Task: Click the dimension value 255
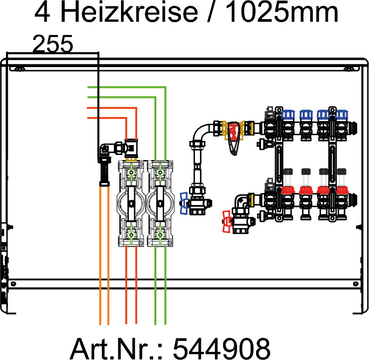pos(53,44)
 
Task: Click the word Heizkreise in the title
pos(129,13)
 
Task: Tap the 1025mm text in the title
pos(282,13)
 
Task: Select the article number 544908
pos(222,348)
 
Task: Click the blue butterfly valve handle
pos(184,203)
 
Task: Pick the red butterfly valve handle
pos(227,222)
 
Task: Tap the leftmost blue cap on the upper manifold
pos(288,114)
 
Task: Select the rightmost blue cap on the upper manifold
pos(342,114)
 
